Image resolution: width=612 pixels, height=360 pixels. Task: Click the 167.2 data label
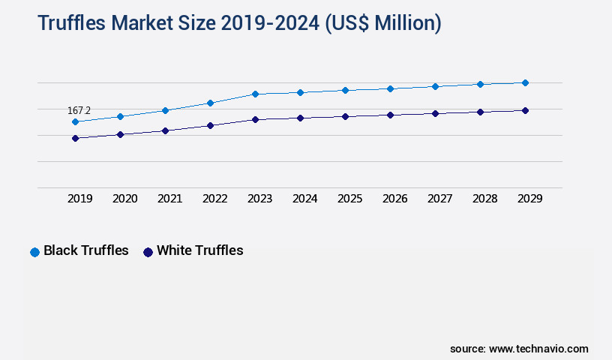click(79, 110)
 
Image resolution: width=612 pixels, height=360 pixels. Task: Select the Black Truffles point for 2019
click(75, 121)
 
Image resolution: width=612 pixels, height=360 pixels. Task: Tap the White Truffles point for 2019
click(75, 138)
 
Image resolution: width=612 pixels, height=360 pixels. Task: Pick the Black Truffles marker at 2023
click(255, 94)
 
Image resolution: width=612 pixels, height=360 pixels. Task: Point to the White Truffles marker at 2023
click(255, 119)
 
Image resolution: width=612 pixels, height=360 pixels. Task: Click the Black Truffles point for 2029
click(525, 82)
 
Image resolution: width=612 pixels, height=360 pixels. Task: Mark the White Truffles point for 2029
click(525, 110)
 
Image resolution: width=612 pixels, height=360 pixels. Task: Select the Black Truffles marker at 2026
click(390, 88)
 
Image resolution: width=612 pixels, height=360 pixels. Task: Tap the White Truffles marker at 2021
click(165, 130)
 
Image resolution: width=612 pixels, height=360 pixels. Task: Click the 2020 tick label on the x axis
click(124, 199)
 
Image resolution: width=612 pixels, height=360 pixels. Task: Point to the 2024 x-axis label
click(304, 199)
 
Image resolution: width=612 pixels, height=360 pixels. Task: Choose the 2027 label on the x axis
click(439, 199)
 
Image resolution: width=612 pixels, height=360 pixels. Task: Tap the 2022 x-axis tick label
click(214, 199)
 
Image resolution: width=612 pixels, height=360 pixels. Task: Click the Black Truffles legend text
click(86, 250)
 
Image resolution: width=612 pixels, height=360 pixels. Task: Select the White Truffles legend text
click(199, 250)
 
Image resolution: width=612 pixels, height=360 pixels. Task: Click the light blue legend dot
click(34, 252)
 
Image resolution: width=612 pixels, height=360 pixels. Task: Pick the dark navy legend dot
click(148, 252)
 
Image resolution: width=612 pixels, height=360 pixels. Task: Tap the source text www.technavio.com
click(538, 349)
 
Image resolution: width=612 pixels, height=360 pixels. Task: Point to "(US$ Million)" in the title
click(383, 23)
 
